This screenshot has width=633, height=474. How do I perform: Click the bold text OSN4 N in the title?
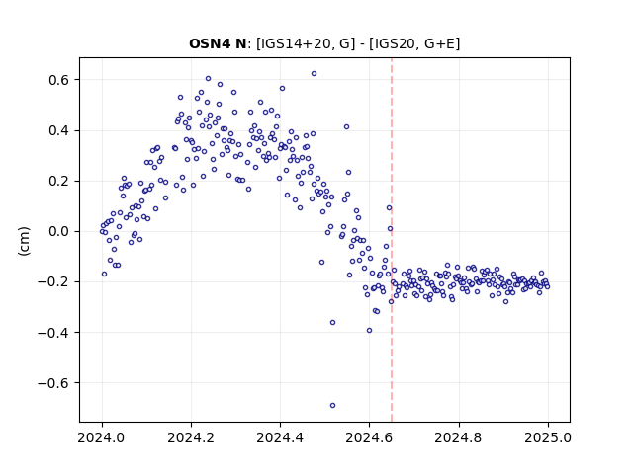pyautogui.click(x=218, y=43)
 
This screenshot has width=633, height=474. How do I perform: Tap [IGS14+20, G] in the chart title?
pyautogui.click(x=306, y=43)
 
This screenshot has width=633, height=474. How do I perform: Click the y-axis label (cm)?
pyautogui.click(x=24, y=241)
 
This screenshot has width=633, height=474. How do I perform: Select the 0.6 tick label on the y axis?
pyautogui.click(x=58, y=80)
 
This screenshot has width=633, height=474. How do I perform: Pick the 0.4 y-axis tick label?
pyautogui.click(x=58, y=130)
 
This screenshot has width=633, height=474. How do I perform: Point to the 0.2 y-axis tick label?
pyautogui.click(x=58, y=181)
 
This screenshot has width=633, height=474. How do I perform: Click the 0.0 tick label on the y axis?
pyautogui.click(x=58, y=231)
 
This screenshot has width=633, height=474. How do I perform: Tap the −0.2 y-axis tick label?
pyautogui.click(x=53, y=281)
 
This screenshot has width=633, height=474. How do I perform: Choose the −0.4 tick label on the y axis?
pyautogui.click(x=53, y=332)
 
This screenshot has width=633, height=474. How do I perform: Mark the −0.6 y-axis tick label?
pyautogui.click(x=53, y=382)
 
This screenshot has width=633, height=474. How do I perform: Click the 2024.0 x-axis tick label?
pyautogui.click(x=102, y=437)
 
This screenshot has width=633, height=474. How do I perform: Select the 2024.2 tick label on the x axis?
pyautogui.click(x=191, y=437)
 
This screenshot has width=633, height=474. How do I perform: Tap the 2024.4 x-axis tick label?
pyautogui.click(x=280, y=437)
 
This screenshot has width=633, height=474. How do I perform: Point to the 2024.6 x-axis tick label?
pyautogui.click(x=369, y=437)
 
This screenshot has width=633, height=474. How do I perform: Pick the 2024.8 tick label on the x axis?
pyautogui.click(x=459, y=437)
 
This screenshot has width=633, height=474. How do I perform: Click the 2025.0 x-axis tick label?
pyautogui.click(x=548, y=437)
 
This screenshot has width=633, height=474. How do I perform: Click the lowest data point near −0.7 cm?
pyautogui.click(x=332, y=405)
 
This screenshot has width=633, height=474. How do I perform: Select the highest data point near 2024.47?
pyautogui.click(x=314, y=74)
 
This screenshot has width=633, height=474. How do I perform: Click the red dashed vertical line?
pyautogui.click(x=392, y=240)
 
